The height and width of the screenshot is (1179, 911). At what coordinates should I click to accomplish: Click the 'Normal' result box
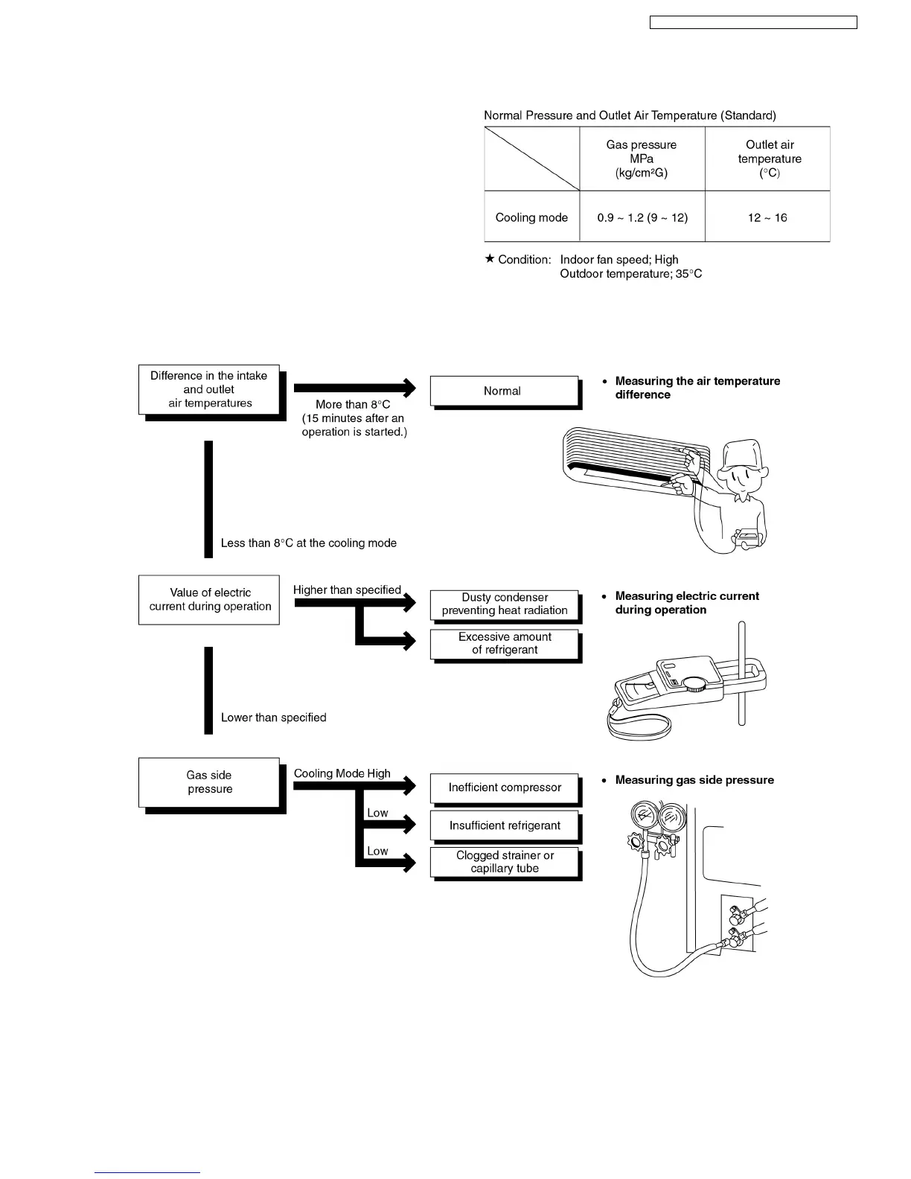pos(504,391)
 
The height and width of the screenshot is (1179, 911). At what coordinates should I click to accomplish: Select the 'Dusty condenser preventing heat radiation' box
pos(504,604)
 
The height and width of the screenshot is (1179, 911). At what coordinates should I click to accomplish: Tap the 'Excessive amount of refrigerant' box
pos(504,643)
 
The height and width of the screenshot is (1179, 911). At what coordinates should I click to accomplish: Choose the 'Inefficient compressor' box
pos(504,787)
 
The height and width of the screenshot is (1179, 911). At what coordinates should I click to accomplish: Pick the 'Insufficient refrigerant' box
pos(504,825)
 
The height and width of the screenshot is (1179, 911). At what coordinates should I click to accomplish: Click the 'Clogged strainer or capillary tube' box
pos(504,862)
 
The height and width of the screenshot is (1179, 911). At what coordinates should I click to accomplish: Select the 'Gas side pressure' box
pos(209,782)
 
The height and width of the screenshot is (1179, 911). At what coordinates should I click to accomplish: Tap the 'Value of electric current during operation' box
pos(209,599)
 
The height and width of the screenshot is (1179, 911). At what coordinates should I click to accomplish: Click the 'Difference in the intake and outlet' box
pos(209,389)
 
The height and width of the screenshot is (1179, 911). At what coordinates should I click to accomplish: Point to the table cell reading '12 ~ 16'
pos(767,217)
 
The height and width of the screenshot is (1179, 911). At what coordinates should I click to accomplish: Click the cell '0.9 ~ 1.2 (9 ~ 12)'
pos(642,217)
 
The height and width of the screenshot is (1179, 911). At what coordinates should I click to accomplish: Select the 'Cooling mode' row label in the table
pos(531,217)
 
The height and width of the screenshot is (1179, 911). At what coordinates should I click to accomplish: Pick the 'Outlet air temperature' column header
pos(770,159)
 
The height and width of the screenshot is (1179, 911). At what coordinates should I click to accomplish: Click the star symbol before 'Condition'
pos(489,259)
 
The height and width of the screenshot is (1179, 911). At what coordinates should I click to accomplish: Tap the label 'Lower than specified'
pos(273,718)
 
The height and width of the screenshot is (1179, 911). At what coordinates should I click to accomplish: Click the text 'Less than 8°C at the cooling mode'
pos(308,543)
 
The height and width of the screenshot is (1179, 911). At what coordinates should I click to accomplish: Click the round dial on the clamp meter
pos(697,685)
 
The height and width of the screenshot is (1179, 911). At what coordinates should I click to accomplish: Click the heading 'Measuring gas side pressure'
pos(694,780)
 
